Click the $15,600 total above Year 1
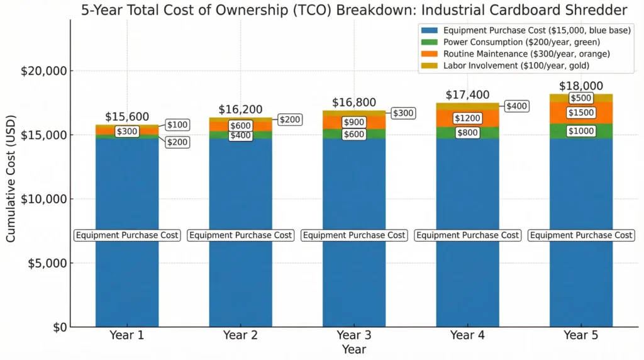click(x=127, y=116)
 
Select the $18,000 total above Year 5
click(x=581, y=86)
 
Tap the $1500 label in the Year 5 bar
click(x=581, y=113)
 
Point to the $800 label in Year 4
click(x=467, y=133)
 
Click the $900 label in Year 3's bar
click(x=354, y=122)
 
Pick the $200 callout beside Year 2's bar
click(x=290, y=120)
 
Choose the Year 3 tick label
click(x=354, y=335)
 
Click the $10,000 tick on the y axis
click(x=45, y=199)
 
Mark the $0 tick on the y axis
click(x=58, y=327)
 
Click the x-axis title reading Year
click(x=354, y=349)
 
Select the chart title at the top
click(x=353, y=10)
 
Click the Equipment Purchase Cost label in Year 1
click(x=127, y=235)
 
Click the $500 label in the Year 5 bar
click(x=581, y=98)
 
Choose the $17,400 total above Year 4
click(x=467, y=95)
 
